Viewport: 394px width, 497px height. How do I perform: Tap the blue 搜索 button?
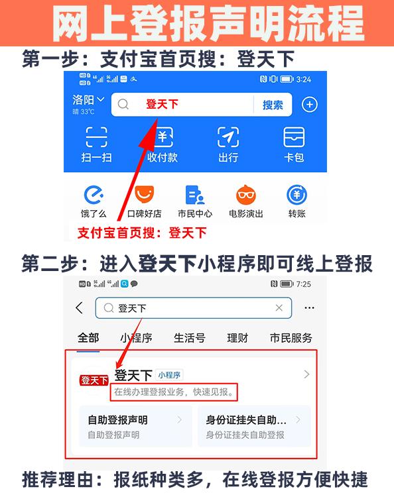pos(273,105)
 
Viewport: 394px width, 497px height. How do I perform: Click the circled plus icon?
pos(310,105)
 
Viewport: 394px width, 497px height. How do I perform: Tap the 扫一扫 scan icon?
pos(97,137)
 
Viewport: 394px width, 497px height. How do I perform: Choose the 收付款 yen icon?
pos(163,137)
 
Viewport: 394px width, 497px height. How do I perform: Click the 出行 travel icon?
pos(228,137)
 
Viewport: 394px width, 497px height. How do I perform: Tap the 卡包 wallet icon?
pos(294,137)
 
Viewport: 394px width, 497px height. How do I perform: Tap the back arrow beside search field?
pos(80,308)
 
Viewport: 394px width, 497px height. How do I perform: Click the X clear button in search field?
pos(279,308)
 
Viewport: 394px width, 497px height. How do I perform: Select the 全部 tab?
pos(88,338)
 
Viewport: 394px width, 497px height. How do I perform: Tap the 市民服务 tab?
pos(291,338)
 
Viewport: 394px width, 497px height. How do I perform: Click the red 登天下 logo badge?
pos(94,380)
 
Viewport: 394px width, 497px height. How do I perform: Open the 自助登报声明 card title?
pos(118,420)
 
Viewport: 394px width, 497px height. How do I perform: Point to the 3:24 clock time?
pos(304,80)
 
